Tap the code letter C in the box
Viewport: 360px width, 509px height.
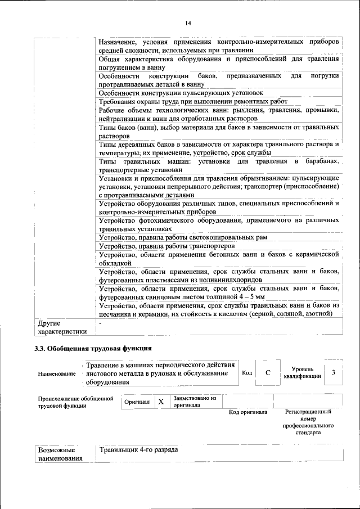[x=268, y=373]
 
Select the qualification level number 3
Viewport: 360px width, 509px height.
[x=334, y=372]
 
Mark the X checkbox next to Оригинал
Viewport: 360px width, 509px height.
[x=161, y=402]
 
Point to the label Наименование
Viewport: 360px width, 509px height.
[x=56, y=373]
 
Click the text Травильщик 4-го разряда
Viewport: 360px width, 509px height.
[x=139, y=451]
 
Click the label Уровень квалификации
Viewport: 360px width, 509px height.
[x=303, y=372]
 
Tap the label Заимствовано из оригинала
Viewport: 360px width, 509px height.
[x=195, y=402]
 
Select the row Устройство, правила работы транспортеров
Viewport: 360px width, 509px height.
[x=166, y=246]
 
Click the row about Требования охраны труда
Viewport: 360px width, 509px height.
[x=193, y=101]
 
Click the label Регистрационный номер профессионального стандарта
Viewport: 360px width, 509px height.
[x=309, y=422]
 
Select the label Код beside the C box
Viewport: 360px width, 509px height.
[x=246, y=373]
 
